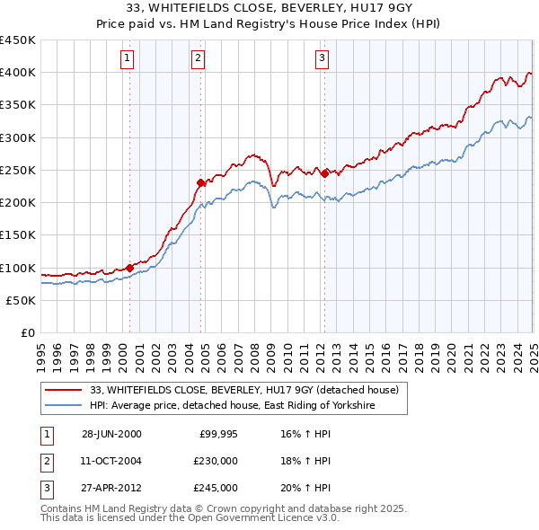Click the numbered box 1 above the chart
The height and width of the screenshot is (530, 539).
(x=127, y=60)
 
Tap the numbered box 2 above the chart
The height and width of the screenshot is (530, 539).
(x=198, y=60)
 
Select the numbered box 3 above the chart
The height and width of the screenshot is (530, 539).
(x=322, y=60)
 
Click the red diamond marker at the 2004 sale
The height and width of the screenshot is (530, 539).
(x=201, y=182)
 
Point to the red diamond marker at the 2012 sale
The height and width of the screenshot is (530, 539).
(x=324, y=172)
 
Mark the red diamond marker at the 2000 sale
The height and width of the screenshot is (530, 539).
(x=130, y=268)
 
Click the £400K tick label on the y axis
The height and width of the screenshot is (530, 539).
(x=18, y=73)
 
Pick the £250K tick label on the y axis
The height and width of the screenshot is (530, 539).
(x=18, y=170)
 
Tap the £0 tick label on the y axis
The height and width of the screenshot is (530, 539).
(x=28, y=332)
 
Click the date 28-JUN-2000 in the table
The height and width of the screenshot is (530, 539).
(x=111, y=435)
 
